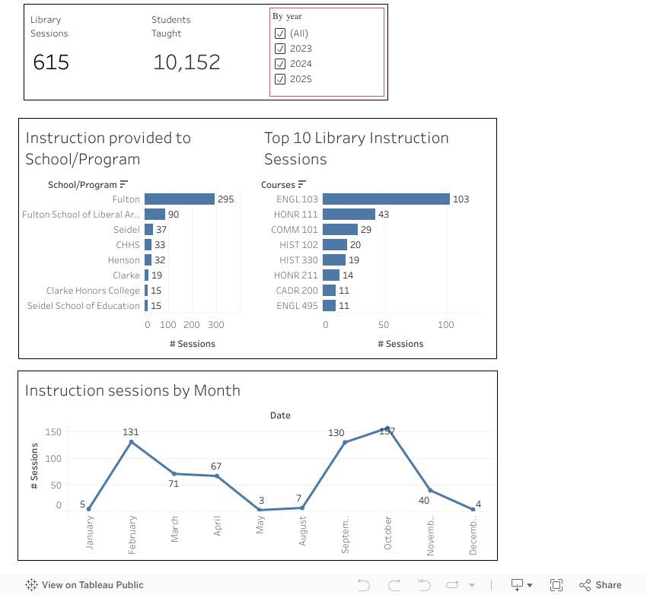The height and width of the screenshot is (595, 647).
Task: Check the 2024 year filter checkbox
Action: tap(280, 64)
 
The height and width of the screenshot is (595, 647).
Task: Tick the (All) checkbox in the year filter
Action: tap(280, 33)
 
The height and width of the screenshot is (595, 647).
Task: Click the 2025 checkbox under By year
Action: tap(280, 79)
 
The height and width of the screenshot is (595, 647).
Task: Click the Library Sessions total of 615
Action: tap(51, 62)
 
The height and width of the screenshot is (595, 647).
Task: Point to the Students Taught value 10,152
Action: tap(186, 62)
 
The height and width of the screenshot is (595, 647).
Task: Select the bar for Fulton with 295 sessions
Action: tap(179, 199)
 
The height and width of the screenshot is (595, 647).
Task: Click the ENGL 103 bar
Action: tap(386, 199)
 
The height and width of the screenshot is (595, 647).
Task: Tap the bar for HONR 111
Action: tap(349, 215)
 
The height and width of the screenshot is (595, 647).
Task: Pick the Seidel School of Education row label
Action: tap(84, 306)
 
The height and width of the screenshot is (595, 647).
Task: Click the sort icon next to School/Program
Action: tap(124, 184)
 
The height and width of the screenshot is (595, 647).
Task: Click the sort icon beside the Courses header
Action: tap(302, 184)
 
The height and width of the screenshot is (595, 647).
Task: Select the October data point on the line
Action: tap(387, 428)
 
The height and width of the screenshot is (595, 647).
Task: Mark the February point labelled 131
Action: tap(132, 442)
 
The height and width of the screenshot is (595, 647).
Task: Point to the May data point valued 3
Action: tap(260, 510)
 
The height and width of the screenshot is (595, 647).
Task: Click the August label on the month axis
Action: tap(302, 530)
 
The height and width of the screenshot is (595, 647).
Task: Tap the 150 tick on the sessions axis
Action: tap(53, 432)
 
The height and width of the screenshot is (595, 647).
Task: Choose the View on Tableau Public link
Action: tap(84, 585)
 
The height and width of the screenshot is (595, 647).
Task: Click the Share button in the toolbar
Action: tap(601, 585)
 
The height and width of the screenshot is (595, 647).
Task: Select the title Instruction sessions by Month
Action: tap(132, 390)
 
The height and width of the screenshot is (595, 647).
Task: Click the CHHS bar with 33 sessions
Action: tap(148, 245)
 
